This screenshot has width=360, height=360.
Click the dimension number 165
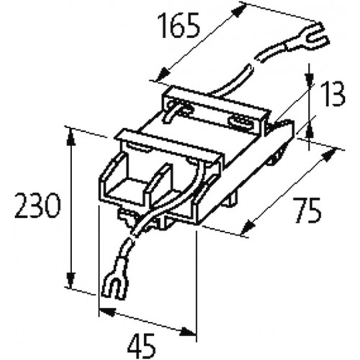[180, 26]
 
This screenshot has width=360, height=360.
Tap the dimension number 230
[37, 206]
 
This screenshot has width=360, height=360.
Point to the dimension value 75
[307, 210]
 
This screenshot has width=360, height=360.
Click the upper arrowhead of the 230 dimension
[70, 138]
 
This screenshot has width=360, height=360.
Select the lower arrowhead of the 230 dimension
[70, 280]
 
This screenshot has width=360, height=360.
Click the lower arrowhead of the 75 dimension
[248, 228]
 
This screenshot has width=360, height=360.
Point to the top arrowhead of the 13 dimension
[310, 73]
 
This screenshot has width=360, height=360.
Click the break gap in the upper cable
[254, 63]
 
